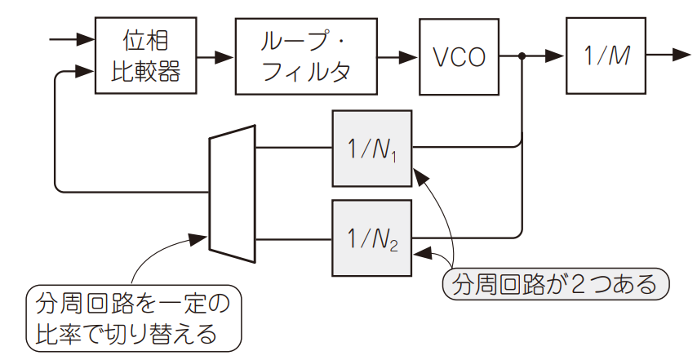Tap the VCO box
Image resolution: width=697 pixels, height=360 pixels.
point(459,56)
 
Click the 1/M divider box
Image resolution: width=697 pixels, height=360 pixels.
point(606,56)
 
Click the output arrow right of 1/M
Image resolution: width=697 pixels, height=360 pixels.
point(679,56)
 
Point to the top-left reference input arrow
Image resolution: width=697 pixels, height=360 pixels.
point(84,38)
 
